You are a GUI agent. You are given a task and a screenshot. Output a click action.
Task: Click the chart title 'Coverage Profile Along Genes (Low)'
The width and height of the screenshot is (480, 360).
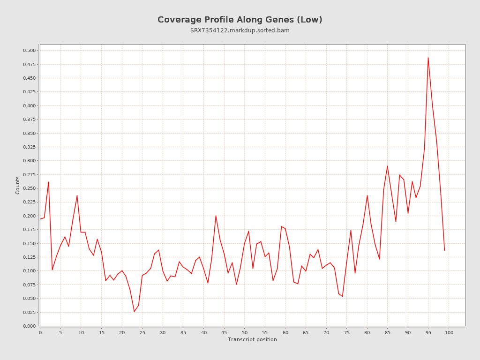click(240, 20)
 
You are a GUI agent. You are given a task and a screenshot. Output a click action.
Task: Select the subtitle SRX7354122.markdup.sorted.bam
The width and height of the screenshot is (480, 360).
click(240, 30)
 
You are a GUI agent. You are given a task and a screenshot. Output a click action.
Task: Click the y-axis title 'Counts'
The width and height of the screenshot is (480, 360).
click(18, 185)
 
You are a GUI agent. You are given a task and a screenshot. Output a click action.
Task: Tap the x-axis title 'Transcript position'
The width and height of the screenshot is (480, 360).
click(252, 339)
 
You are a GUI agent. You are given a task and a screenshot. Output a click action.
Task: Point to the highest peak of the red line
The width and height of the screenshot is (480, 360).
click(428, 58)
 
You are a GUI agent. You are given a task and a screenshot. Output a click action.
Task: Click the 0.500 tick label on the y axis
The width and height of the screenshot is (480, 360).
click(29, 51)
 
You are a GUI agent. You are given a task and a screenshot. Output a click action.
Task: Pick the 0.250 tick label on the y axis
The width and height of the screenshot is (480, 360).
click(29, 188)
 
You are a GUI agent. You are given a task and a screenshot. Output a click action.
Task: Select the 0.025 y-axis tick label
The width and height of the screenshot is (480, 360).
click(29, 312)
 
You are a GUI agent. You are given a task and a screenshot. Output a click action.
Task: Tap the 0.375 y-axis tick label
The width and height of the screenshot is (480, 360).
click(29, 120)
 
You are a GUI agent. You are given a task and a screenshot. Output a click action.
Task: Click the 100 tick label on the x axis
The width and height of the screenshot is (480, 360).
click(449, 332)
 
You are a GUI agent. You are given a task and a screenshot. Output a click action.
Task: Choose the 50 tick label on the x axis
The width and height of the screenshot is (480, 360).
click(245, 332)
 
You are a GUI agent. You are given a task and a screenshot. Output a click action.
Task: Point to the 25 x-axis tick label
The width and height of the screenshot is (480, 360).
click(142, 332)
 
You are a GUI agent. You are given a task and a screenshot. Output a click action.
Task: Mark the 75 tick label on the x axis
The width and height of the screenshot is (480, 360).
click(347, 332)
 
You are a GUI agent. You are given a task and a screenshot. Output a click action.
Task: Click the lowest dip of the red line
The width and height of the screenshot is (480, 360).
click(134, 312)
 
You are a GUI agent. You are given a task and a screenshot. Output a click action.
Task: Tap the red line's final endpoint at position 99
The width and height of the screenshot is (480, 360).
click(444, 250)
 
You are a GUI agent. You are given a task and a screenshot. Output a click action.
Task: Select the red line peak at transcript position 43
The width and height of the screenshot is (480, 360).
click(216, 216)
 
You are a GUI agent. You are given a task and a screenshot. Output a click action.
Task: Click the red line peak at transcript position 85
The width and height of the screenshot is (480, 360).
click(387, 166)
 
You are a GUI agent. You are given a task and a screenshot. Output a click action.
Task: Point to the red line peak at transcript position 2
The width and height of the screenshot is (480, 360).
click(48, 182)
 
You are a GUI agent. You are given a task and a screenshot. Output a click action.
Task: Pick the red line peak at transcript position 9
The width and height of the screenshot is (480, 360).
click(77, 195)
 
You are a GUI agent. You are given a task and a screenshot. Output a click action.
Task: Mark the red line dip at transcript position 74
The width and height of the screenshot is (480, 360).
click(342, 296)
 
